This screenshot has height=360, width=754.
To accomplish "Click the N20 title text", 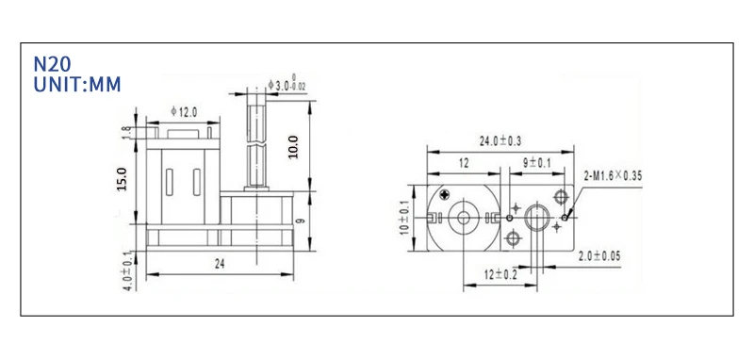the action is [52, 64].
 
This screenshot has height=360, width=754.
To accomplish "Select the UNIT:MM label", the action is [77, 85].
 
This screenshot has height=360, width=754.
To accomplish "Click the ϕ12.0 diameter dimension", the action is [184, 112].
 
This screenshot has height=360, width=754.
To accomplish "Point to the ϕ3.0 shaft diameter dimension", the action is [287, 86].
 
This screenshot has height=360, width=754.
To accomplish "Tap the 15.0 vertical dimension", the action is [122, 179].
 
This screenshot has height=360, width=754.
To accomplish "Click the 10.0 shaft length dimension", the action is [293, 147].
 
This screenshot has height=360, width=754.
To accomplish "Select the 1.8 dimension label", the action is [126, 133].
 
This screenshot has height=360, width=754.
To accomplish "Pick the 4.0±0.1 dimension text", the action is [127, 271].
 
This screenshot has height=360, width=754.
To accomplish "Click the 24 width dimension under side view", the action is [220, 264].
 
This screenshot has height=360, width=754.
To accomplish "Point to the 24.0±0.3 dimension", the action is [500, 140].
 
